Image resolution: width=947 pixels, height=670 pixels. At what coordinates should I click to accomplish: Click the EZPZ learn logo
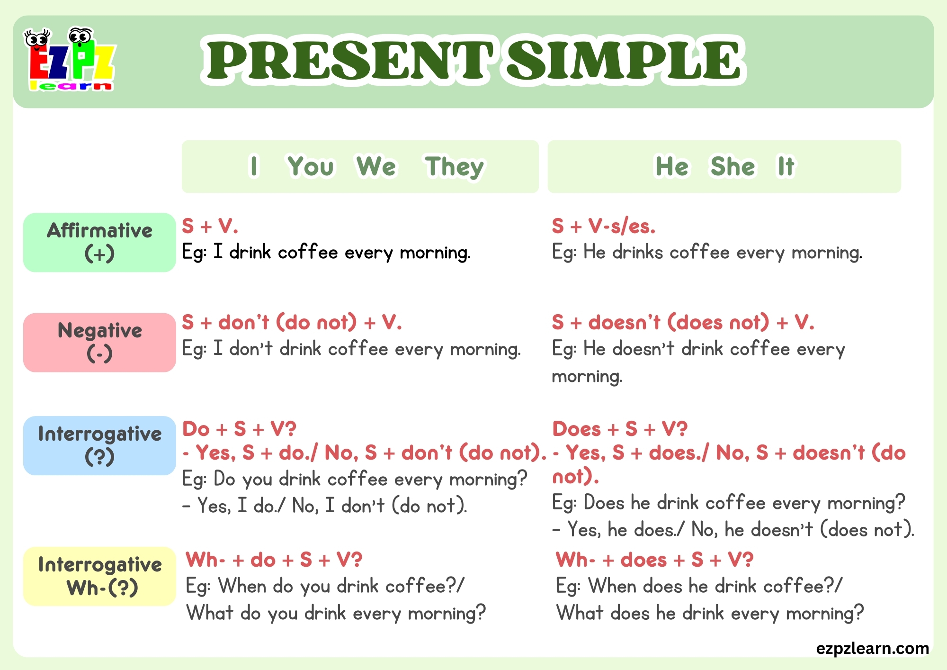coord(70,59)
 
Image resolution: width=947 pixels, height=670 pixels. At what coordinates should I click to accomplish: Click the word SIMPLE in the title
coord(624,60)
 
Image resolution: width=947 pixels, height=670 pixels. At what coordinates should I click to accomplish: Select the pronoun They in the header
coord(454,167)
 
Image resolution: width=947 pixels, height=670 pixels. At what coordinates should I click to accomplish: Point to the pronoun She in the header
coord(733,167)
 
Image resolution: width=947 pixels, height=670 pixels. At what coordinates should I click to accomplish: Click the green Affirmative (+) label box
coord(99,242)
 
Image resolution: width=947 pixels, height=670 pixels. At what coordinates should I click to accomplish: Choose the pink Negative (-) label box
coord(99,342)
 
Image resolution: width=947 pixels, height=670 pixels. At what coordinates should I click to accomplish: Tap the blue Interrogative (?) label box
coord(99,445)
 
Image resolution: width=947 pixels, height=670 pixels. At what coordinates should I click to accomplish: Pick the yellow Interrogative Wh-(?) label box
coord(99,576)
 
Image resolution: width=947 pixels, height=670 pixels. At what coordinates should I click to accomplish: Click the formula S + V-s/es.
coord(603,226)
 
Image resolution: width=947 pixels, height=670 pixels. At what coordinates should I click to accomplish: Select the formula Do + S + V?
coord(239,429)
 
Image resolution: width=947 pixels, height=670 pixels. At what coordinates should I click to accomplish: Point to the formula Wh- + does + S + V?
coord(654,560)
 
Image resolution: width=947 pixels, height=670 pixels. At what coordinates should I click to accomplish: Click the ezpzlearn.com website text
coord(872,648)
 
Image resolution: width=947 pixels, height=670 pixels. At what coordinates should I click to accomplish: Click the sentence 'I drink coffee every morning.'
coord(341,253)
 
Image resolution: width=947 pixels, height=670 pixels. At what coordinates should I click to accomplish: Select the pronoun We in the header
coord(376,167)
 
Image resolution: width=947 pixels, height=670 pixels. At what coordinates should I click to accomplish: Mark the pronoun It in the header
coord(786,167)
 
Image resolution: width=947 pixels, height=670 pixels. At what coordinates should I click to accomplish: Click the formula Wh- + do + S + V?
coord(274,560)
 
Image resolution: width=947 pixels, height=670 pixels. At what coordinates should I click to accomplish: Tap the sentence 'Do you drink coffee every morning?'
coord(370,480)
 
